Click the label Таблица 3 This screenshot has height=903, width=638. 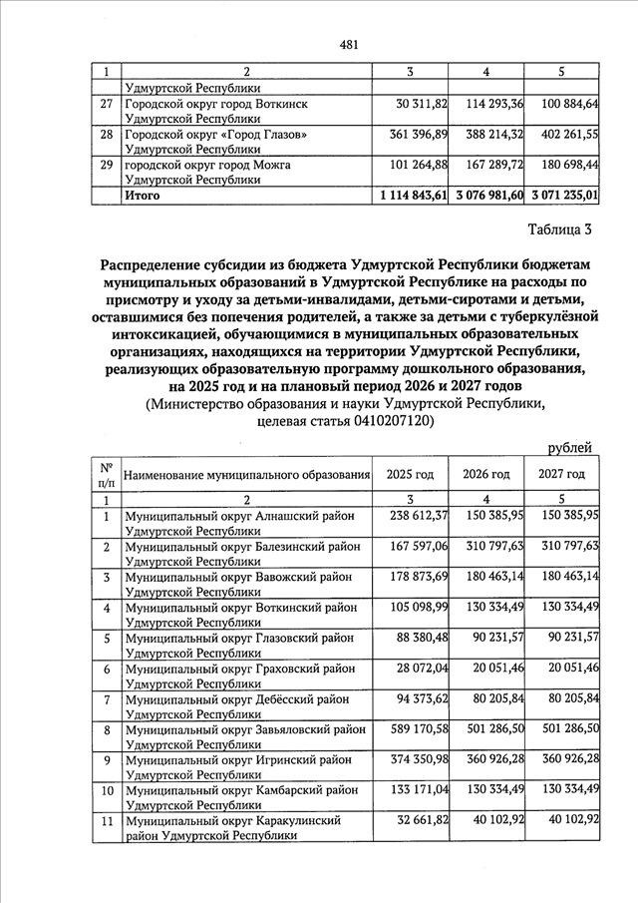pyautogui.click(x=558, y=230)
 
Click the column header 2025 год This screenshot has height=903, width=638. pyautogui.click(x=411, y=474)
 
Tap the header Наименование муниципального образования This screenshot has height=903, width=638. pyautogui.click(x=244, y=475)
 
